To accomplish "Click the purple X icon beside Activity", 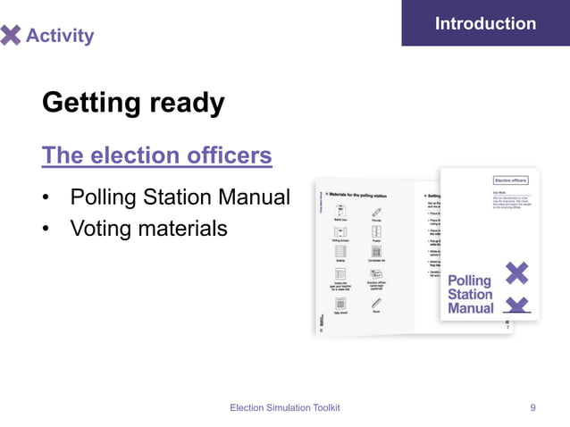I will (x=10, y=35).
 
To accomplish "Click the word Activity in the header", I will (x=60, y=36).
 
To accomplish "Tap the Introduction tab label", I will (x=485, y=23).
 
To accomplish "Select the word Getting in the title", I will (x=95, y=103).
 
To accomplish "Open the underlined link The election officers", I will (x=157, y=155).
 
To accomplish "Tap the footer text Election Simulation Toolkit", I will (x=285, y=407).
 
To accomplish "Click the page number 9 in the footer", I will (x=533, y=407).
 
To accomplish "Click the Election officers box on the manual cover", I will (x=513, y=180).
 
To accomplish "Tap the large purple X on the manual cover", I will (x=516, y=272).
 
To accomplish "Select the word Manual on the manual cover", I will (x=470, y=308).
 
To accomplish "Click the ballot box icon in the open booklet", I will (x=340, y=211).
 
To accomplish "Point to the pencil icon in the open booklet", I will (x=377, y=211).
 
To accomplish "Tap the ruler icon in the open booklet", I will (x=377, y=304).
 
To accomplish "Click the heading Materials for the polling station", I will (x=362, y=193).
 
